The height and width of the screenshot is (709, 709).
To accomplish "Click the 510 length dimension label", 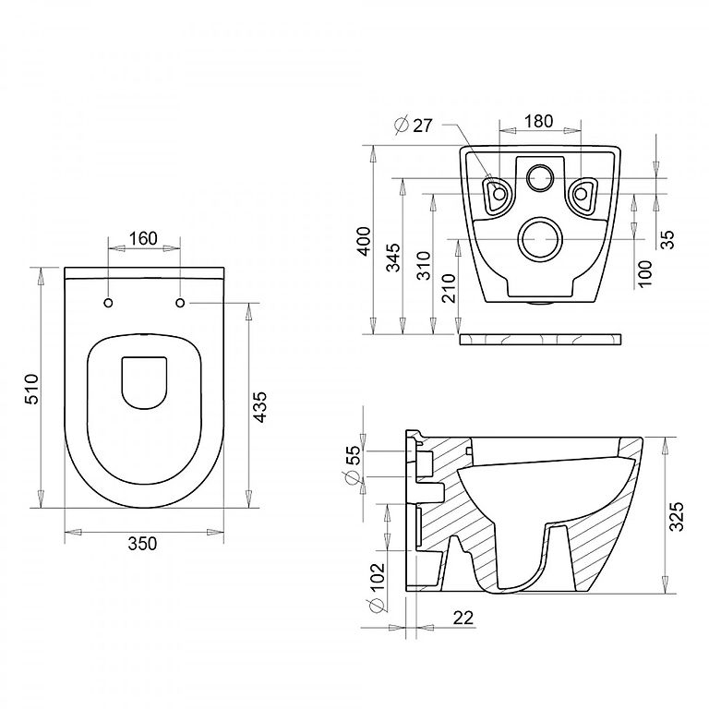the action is (32, 389).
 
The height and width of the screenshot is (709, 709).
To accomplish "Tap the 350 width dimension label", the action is (142, 543).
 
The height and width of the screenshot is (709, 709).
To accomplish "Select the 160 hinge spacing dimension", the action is (143, 238).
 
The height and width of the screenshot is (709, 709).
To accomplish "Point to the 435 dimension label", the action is (259, 407).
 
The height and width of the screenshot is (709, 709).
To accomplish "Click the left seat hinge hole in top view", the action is (109, 303).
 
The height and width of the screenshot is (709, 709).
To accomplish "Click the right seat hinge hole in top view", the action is (180, 303).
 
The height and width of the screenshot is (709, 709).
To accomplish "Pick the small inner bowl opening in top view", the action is (144, 383).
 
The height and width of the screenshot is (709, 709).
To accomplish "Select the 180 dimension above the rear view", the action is (538, 121).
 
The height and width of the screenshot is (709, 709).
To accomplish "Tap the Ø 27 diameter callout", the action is (414, 126).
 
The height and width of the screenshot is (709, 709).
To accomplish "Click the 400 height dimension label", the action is (365, 241).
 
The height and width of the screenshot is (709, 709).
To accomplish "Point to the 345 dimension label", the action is (393, 258).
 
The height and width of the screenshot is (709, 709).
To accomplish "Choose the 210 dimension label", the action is (449, 288).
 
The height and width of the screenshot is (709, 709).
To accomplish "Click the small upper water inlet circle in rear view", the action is (540, 177).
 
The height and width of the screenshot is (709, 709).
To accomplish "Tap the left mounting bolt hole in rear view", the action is (499, 194).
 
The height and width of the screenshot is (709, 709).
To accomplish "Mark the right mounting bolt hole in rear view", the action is (581, 194).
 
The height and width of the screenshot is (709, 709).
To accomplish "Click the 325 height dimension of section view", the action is (678, 516).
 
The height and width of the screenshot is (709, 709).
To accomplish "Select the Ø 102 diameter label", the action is (377, 587).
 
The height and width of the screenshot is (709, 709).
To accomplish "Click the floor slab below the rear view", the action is (540, 340).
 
